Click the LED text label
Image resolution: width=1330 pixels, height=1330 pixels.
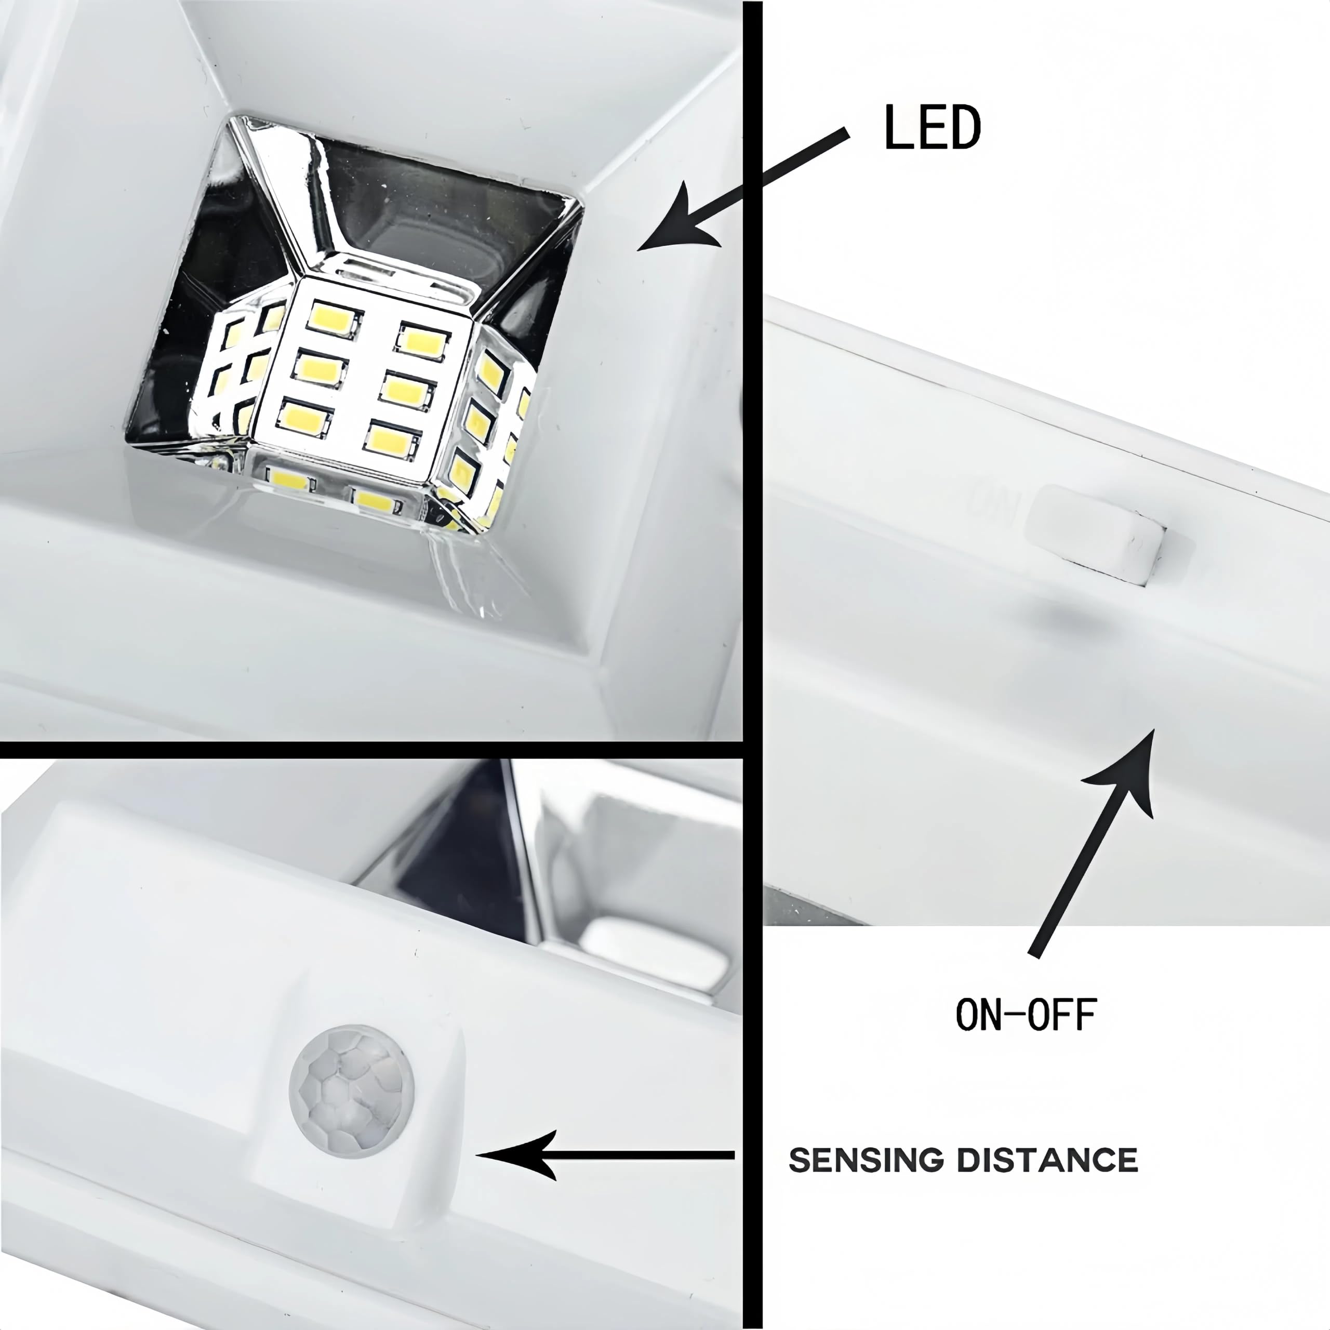click(x=932, y=127)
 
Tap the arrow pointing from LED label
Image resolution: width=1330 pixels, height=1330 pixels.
click(x=743, y=189)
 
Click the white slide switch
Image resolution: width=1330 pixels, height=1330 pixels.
click(x=1095, y=531)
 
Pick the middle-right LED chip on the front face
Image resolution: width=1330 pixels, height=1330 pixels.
click(x=407, y=390)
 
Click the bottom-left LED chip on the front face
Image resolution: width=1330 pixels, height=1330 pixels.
click(x=303, y=416)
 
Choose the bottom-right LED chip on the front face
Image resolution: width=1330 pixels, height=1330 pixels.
click(x=392, y=439)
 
